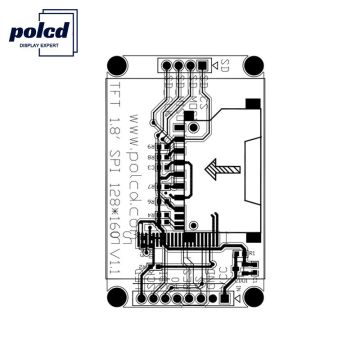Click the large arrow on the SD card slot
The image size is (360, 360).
[222, 171]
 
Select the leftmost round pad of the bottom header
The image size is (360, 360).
[144, 299]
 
